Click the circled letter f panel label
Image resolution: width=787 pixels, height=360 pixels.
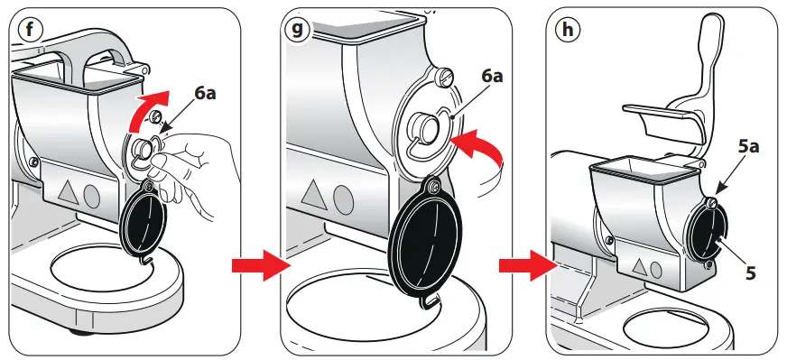(x=30, y=30)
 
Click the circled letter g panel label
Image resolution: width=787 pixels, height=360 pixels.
(x=298, y=30)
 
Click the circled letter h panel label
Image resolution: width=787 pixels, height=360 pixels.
(x=568, y=30)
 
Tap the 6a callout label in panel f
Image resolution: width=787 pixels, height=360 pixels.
(x=205, y=94)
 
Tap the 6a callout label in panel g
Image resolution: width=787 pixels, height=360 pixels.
(x=492, y=76)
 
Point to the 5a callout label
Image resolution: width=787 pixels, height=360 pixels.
(x=748, y=147)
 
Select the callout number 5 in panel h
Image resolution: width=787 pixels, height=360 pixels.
(x=750, y=273)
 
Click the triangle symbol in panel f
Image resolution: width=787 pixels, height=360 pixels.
(x=69, y=192)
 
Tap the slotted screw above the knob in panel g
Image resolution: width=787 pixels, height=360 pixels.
(x=445, y=77)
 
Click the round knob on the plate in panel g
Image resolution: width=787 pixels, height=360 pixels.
(x=423, y=127)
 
